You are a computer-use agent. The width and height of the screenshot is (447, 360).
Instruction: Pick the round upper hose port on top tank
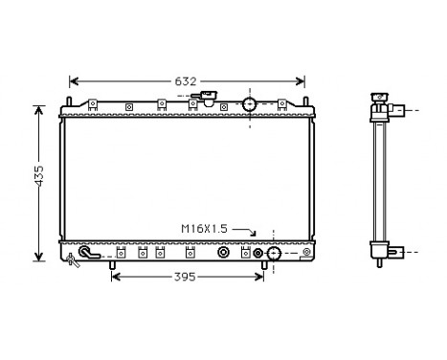250,103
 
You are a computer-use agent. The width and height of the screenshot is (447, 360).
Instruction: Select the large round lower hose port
273,254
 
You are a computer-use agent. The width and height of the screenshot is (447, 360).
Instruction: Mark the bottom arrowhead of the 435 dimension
38,256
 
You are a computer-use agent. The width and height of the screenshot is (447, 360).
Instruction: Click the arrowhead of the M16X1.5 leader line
256,235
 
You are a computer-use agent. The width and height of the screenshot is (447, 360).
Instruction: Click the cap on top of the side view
380,96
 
